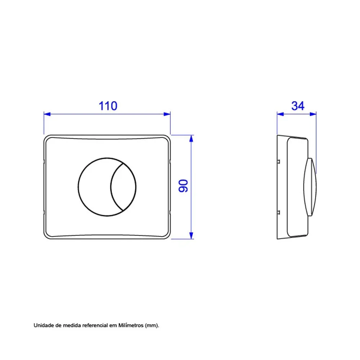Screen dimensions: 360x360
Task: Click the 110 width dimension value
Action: point(108,106)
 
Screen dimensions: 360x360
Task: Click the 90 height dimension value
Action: point(183,186)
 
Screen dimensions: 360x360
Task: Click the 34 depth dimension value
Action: point(298,106)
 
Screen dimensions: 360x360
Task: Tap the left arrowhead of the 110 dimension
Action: point(47,114)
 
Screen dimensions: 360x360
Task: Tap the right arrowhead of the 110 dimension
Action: point(167,114)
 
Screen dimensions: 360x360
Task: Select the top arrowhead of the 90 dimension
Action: point(191,139)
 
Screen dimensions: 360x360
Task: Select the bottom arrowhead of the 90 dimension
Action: point(191,235)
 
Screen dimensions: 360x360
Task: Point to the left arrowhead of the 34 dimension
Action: point(280,114)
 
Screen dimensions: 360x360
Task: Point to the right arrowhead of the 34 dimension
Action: point(313,114)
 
